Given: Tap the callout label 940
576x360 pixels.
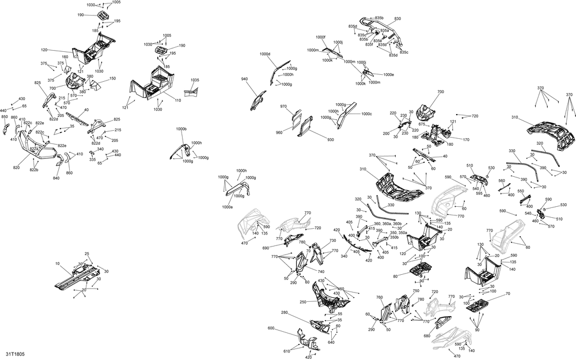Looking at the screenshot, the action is pyautogui.click(x=244, y=79).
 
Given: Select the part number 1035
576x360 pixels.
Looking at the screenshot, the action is pyautogui.click(x=195, y=80).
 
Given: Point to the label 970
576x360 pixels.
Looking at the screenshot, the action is pyautogui.click(x=283, y=107).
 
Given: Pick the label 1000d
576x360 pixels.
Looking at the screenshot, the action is pyautogui.click(x=265, y=54).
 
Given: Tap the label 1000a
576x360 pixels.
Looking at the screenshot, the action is pyautogui.click(x=228, y=206).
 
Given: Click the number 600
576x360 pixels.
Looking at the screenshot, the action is pyautogui.click(x=271, y=329).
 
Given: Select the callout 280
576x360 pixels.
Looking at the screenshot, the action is pyautogui.click(x=284, y=312).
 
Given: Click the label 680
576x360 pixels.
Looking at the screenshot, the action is pyautogui.click(x=427, y=336).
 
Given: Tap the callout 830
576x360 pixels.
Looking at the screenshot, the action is pyautogui.click(x=397, y=19).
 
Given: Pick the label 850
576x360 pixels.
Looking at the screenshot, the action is pyautogui.click(x=5, y=117).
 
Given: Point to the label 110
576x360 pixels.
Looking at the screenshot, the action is pyautogui.click(x=178, y=101).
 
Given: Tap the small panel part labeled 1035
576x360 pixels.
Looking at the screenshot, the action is pyautogui.click(x=191, y=90).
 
